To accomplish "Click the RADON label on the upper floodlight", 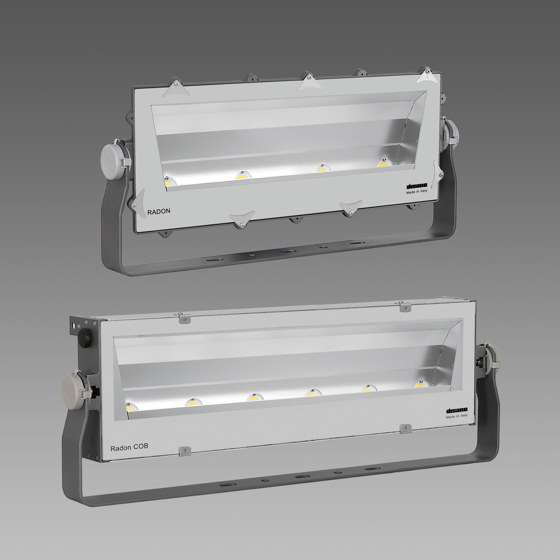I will pyautogui.click(x=159, y=211).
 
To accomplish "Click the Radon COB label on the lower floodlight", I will pyautogui.click(x=129, y=447).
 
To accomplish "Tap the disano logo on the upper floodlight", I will pyautogui.click(x=417, y=186).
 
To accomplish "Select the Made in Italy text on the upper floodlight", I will pyautogui.click(x=417, y=192).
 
